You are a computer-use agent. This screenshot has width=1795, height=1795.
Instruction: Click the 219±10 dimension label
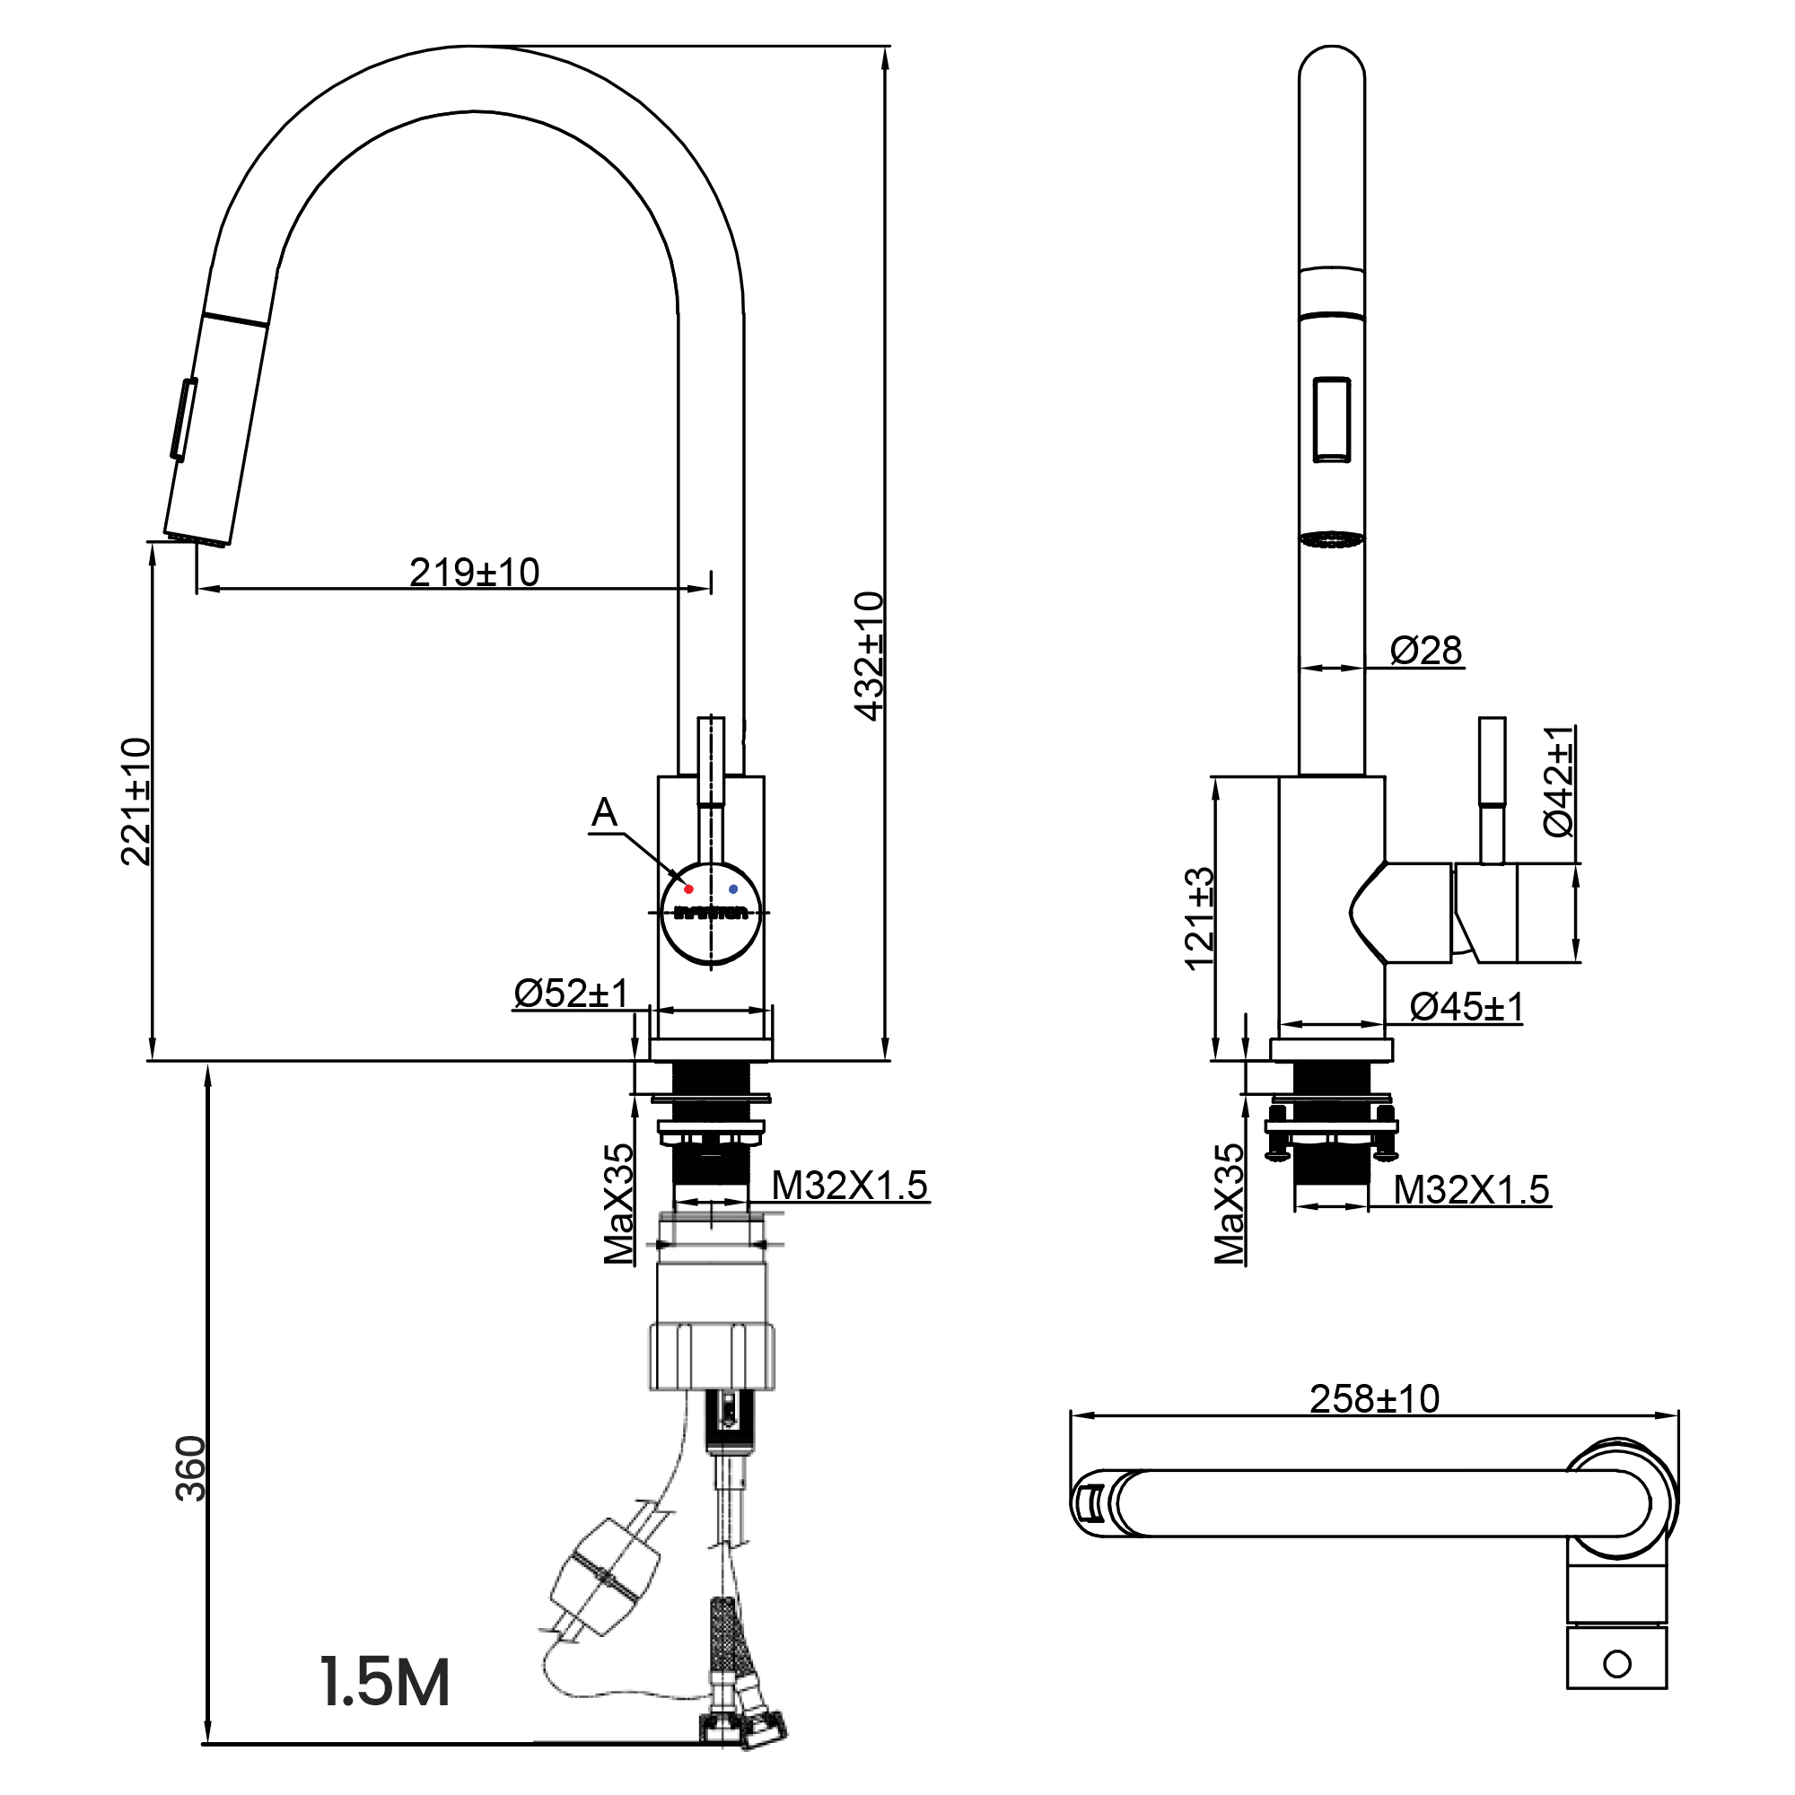coord(474,573)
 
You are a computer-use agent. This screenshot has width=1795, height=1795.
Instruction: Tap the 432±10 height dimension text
coord(870,655)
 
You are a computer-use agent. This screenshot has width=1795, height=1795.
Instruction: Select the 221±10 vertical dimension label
coord(136,801)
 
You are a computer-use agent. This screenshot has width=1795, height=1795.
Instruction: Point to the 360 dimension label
coord(190,1468)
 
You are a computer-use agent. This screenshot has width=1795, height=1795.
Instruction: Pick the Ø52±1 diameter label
coord(571,994)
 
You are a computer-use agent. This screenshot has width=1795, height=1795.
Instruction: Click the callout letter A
coord(605,813)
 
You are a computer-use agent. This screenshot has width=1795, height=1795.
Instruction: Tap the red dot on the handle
coord(688,889)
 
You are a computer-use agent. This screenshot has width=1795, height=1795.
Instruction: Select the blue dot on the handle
coord(733,889)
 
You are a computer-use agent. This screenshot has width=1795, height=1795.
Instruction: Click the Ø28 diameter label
coord(1426,651)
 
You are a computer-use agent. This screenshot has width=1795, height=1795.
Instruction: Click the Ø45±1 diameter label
coord(1467,1006)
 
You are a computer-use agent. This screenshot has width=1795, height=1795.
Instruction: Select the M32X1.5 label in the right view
coord(1472,1189)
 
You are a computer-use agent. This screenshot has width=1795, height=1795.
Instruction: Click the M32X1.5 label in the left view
coord(850,1186)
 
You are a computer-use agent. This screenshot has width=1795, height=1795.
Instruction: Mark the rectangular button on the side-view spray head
coord(1331,418)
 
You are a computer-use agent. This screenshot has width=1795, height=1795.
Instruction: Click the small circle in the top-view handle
coord(1617,1663)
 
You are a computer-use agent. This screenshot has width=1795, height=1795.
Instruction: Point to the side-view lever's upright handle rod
coord(1493,790)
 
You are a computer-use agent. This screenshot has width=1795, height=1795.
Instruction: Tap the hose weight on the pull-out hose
coord(606,1578)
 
